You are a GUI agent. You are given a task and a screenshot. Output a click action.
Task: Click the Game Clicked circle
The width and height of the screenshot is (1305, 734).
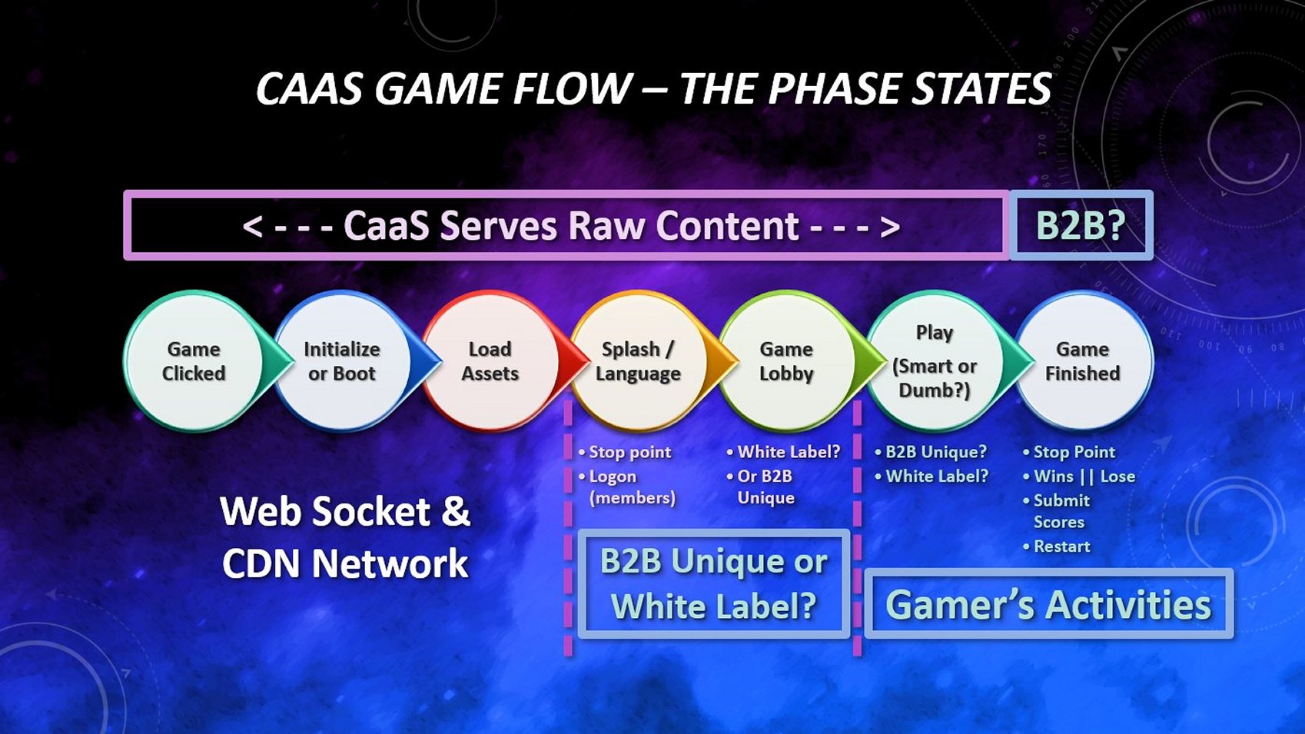pos(194,361)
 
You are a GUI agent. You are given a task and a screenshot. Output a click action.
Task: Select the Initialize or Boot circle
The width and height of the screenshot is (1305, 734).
pos(342,361)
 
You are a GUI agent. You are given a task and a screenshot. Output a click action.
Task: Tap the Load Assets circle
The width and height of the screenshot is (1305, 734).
pos(490,361)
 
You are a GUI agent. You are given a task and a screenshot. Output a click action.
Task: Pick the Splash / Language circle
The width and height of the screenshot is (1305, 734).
pos(637,361)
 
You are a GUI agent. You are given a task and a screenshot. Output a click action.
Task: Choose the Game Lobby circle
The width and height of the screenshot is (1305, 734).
pos(785,361)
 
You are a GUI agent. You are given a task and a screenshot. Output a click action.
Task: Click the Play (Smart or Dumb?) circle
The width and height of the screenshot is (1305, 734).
pos(934,361)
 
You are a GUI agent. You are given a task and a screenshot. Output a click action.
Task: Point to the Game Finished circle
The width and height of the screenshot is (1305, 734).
pos(1082,361)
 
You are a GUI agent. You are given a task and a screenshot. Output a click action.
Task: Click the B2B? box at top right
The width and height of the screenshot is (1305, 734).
pos(1081,225)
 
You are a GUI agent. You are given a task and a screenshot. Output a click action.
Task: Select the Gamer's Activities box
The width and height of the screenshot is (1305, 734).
pos(1048,604)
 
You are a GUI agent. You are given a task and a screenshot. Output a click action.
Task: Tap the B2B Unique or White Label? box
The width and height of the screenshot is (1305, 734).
pos(713,583)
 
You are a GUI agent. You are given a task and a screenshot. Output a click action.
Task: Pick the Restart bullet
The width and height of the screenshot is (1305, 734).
pos(1061,546)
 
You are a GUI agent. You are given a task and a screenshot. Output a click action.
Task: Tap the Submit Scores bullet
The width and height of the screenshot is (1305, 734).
pos(1061,511)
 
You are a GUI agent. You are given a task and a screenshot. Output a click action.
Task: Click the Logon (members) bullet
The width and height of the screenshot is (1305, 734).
pos(630,487)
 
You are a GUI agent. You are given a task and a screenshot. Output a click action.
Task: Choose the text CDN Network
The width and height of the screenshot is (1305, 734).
pos(345,564)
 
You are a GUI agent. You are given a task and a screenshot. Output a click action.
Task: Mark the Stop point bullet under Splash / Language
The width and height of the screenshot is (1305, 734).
pos(629,452)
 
